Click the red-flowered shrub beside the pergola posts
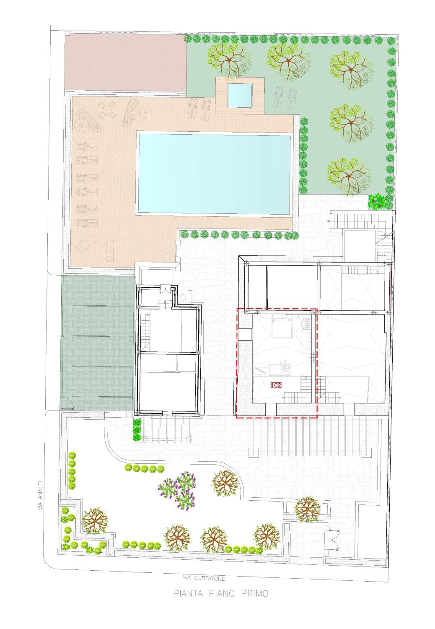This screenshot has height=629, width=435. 137,431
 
